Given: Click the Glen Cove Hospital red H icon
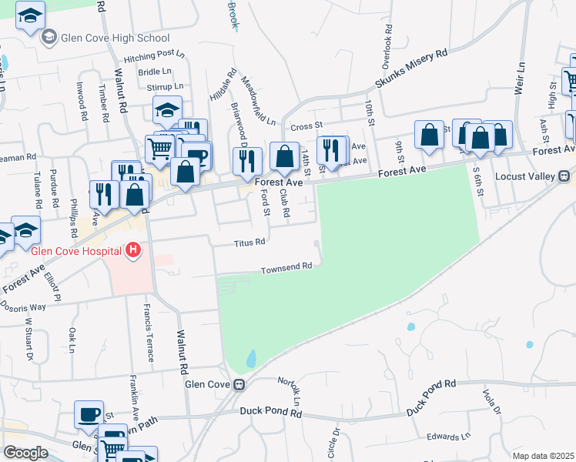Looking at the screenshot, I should click(x=134, y=250).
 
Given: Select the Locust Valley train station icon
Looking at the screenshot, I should click(x=564, y=176).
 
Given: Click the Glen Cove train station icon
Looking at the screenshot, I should click(x=239, y=384).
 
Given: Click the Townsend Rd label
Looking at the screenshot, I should click(x=286, y=268).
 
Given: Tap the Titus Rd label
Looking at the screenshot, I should click(x=249, y=242).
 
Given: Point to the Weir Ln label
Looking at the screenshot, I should click(x=521, y=78).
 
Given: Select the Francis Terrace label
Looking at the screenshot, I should click(x=147, y=332).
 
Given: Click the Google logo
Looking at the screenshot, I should click(x=25, y=453).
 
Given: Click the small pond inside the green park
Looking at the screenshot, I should click(x=251, y=358).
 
